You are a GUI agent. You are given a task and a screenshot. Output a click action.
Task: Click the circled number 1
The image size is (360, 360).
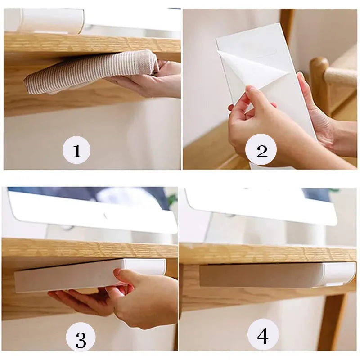coord(76,150)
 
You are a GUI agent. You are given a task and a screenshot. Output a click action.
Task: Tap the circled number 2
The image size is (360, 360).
coord(262,150)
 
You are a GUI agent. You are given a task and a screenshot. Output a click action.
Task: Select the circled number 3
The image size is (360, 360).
coord(81,338)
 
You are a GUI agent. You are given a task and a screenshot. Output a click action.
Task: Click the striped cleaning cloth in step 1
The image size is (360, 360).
coord(85,72)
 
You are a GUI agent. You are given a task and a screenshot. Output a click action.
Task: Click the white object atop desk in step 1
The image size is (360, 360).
coord(49,20)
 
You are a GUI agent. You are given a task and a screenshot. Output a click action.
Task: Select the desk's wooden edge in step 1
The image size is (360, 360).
coord(90,44)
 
